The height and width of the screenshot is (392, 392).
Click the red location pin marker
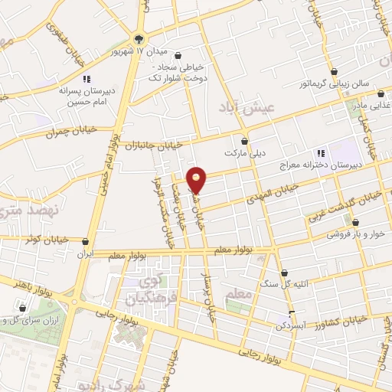point(198,179)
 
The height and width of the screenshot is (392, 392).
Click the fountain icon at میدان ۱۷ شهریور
point(138,38)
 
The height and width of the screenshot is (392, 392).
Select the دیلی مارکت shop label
point(243,153)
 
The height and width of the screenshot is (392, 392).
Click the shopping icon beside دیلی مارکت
point(244,141)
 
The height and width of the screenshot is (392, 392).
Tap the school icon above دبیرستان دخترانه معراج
point(320,153)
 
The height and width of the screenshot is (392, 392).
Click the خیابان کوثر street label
point(46,238)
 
